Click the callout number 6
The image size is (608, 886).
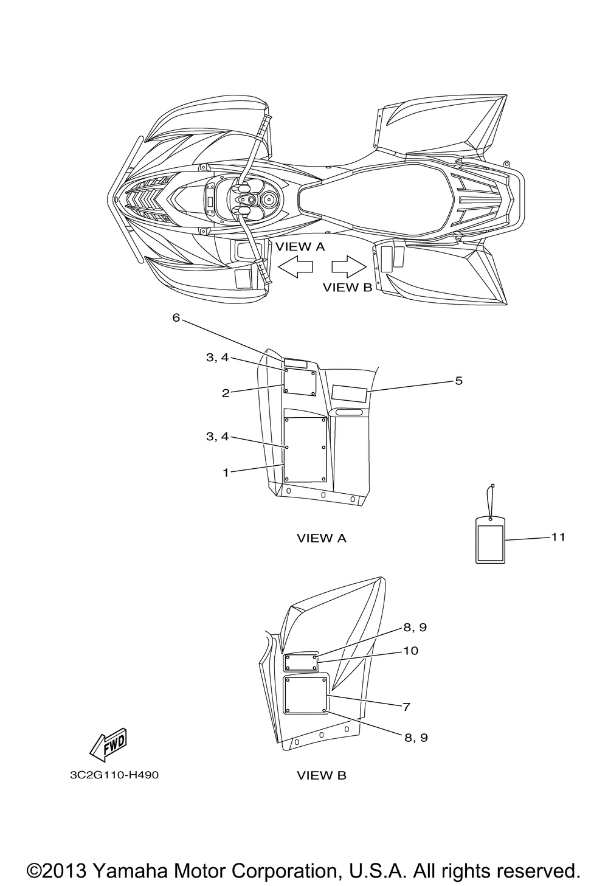click(x=176, y=317)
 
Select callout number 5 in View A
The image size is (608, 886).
click(x=458, y=381)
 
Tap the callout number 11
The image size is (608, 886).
click(x=558, y=537)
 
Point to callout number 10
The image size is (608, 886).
click(x=411, y=651)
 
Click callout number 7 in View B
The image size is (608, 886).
click(x=406, y=707)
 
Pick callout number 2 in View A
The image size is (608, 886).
click(x=226, y=393)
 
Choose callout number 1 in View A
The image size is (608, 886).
click(x=226, y=472)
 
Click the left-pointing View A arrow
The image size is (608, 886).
click(x=295, y=266)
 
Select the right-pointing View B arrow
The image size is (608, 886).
click(x=349, y=266)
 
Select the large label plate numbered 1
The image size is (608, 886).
click(x=306, y=450)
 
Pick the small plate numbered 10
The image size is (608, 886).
click(x=302, y=662)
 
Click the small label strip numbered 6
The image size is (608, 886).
click(x=295, y=363)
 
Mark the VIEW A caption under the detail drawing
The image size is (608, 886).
click(x=322, y=538)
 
